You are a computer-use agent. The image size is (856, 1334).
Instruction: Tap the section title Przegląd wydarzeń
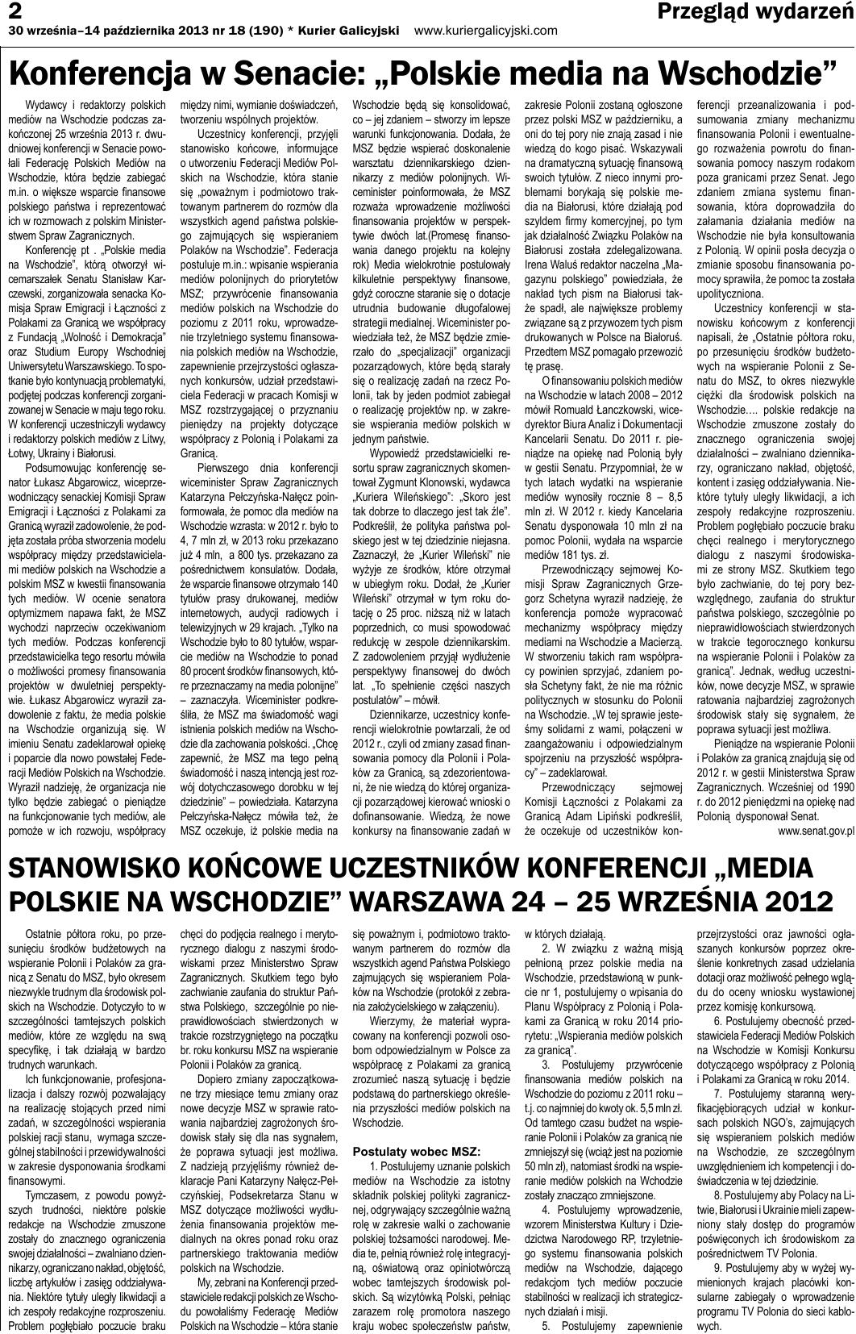[x=755, y=11]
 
